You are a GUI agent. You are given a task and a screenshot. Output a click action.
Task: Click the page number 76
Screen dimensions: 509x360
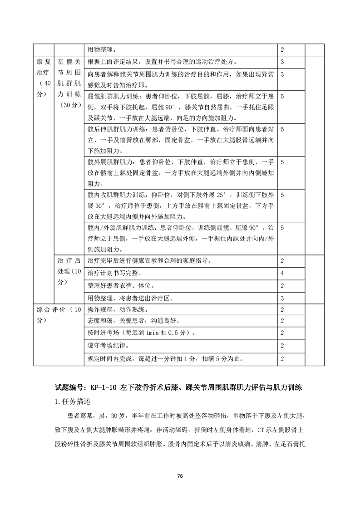180,475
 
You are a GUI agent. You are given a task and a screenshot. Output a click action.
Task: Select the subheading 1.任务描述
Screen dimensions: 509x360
73,402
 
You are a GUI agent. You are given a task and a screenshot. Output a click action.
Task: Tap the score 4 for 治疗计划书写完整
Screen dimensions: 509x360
282,274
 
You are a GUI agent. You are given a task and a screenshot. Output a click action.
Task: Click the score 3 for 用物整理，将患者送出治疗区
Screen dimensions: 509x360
282,298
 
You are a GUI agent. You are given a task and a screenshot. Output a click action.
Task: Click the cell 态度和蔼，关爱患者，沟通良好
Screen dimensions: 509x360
132,322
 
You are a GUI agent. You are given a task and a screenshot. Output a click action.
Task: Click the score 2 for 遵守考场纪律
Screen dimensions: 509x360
282,346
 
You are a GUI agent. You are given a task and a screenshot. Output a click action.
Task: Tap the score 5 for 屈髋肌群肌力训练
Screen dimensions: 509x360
282,97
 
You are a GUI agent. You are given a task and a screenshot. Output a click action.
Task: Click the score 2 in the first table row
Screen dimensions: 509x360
282,49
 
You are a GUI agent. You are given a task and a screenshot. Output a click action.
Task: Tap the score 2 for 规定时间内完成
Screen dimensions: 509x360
282,359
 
